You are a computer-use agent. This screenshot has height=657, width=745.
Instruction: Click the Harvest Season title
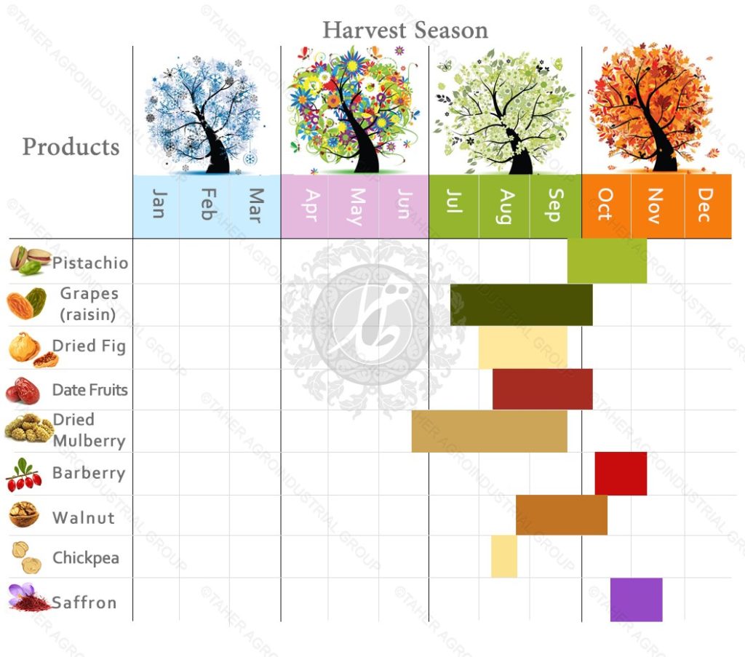pos(405,31)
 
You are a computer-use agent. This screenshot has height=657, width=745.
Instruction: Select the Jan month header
pos(157,204)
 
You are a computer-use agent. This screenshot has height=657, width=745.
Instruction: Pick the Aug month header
pos(506,206)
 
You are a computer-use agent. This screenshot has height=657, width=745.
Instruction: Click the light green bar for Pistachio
pos(607,260)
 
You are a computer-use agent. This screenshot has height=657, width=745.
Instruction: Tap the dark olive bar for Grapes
pos(521,304)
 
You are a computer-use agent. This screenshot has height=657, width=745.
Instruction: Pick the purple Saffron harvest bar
pos(636,600)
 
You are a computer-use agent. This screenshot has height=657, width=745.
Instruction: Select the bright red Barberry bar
pos(621,473)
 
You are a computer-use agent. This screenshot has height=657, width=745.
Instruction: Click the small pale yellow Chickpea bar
pos(503,556)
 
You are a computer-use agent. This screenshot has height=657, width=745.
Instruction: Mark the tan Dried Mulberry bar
pos(489,431)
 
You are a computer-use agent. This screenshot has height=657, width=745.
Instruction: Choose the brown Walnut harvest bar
pos(561,515)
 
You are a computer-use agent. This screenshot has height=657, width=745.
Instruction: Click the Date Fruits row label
pos(89,390)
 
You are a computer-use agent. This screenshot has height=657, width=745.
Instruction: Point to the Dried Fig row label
pos(89,346)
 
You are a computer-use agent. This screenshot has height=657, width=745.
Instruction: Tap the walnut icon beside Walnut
pos(23,516)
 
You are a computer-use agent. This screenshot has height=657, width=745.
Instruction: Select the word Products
pos(71,147)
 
